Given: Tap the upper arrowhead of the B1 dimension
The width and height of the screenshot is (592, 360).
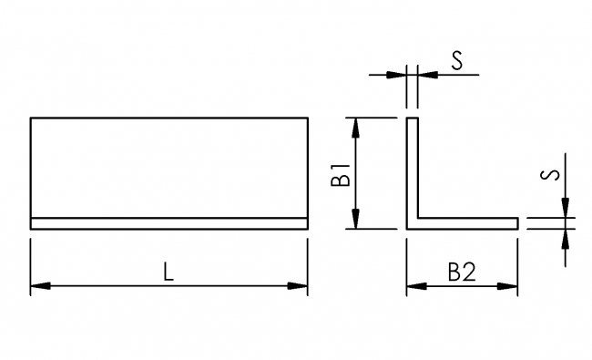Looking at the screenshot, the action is click(357, 126).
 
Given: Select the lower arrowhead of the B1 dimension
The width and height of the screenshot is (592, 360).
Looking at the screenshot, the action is click(357, 220).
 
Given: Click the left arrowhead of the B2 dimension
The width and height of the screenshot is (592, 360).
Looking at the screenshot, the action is click(414, 286).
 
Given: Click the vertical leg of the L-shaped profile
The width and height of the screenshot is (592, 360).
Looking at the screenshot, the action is click(411, 169).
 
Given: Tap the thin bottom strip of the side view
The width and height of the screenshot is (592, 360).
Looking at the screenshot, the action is click(169, 223).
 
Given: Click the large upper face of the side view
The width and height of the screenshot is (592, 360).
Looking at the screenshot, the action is click(169, 168).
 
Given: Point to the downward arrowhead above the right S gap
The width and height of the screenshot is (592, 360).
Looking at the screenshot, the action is click(566, 209).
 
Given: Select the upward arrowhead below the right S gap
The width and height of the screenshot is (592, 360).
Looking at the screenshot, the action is click(566, 238).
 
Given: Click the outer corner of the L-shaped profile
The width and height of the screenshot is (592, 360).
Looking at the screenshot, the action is click(406, 228).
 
